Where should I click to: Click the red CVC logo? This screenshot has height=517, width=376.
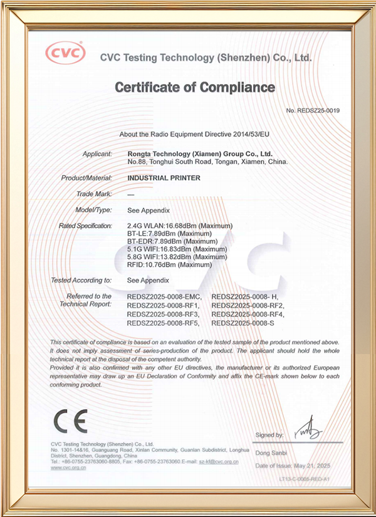click(x=65, y=53)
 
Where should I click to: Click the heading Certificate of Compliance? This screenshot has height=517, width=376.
click(x=195, y=86)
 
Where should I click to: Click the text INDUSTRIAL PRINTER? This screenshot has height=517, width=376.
click(x=164, y=178)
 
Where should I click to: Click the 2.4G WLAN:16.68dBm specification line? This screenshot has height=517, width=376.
click(x=180, y=226)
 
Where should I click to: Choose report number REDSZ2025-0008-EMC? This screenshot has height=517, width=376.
click(x=165, y=296)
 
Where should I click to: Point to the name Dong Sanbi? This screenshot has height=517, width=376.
click(x=271, y=452)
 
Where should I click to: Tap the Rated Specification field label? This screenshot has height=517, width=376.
click(x=85, y=226)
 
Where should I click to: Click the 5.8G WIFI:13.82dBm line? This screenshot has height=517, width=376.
click(x=177, y=257)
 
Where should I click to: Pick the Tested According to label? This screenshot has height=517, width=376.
click(x=81, y=280)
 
